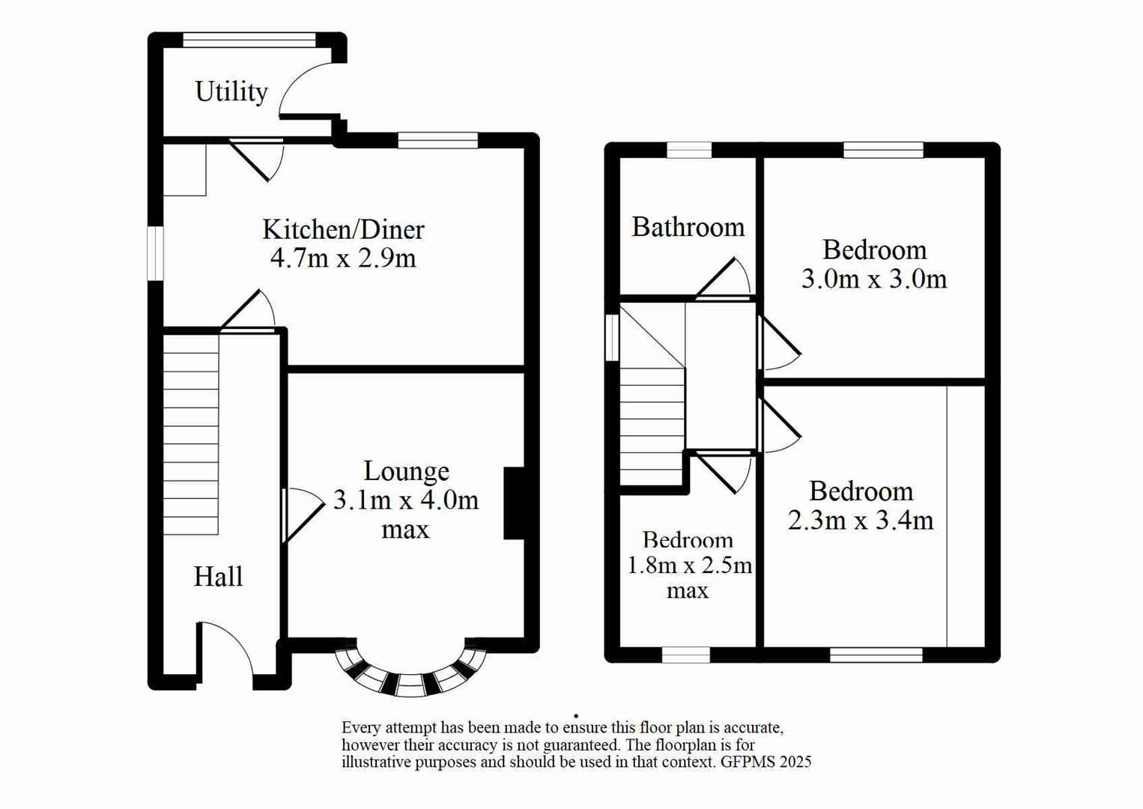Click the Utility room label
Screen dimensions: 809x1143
[x=231, y=91]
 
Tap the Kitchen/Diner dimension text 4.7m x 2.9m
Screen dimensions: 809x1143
[x=343, y=258]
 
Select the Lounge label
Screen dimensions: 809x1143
[x=406, y=470]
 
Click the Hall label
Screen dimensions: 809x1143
[x=218, y=576]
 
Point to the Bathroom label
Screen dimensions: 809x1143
[x=688, y=227]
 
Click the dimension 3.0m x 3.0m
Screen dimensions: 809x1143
[x=874, y=279]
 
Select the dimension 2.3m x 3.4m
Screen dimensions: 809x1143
[x=861, y=520]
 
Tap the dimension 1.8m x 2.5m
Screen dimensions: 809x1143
[x=688, y=565]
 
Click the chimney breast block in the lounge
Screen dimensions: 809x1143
[x=514, y=503]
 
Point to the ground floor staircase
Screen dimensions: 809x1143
[x=191, y=434]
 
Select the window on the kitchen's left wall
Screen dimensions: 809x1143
[x=155, y=253]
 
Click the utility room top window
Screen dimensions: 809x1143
[x=249, y=40]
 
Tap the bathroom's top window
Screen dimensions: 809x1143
[x=689, y=150]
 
